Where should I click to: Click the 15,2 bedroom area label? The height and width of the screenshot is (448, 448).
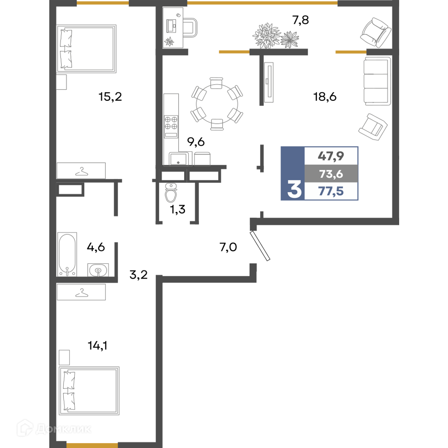pyautogui.click(x=110, y=97)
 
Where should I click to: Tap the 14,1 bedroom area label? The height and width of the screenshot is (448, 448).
pyautogui.click(x=97, y=346)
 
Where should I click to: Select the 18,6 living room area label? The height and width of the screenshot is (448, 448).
pyautogui.click(x=325, y=97)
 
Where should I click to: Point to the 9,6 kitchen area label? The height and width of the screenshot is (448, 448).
pyautogui.click(x=196, y=142)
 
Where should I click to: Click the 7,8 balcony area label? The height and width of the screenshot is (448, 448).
pyautogui.click(x=301, y=20)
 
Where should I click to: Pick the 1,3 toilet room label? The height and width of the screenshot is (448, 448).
pyautogui.click(x=178, y=209)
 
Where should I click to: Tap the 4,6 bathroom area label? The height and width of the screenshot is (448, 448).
pyautogui.click(x=96, y=247)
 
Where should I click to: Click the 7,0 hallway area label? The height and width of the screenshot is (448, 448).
pyautogui.click(x=228, y=247)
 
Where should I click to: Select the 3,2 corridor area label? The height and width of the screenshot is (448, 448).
pyautogui.click(x=138, y=275)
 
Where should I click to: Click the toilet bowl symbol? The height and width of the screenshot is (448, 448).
pyautogui.click(x=171, y=193)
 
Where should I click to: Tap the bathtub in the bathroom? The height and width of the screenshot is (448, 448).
pyautogui.click(x=67, y=254)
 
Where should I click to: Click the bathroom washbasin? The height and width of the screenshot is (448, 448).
pyautogui.click(x=98, y=270)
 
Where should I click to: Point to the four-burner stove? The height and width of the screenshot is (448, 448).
pyautogui.click(x=171, y=126)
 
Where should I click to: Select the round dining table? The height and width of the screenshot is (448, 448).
pyautogui.click(x=216, y=104)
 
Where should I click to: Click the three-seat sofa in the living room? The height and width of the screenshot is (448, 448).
pyautogui.click(x=377, y=81)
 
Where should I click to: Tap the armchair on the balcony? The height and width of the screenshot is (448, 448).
pyautogui.click(x=375, y=32)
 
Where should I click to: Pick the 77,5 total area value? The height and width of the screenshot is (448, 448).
pyautogui.click(x=331, y=191)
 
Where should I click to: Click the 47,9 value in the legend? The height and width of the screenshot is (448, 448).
pyautogui.click(x=331, y=156)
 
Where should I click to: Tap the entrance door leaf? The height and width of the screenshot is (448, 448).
pyautogui.click(x=260, y=246)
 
